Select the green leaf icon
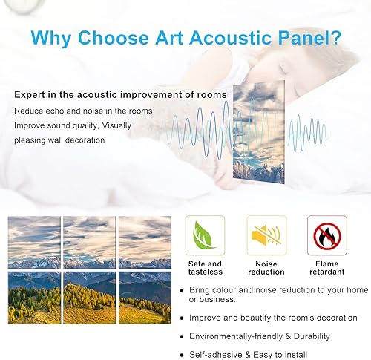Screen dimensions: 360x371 coord(204,235)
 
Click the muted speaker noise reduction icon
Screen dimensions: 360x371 coord(265,235)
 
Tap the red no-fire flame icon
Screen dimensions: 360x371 coord(326,235)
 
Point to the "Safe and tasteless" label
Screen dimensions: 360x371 coord(204,268)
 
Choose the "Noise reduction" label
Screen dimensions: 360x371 coord(265,268)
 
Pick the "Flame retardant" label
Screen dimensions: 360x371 coord(326,268)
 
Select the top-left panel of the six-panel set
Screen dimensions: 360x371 coord(34,242)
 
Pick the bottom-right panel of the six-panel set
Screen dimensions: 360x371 coord(144,297)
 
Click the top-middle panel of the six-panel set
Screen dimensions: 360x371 coord(89,242)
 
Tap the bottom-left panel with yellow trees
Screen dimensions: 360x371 coord(34,297)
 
